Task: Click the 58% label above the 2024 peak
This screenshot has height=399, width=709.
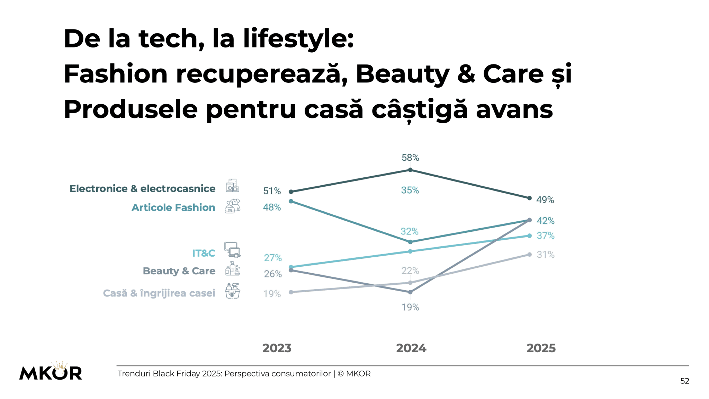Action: (x=410, y=158)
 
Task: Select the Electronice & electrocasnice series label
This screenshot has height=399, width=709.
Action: (x=142, y=188)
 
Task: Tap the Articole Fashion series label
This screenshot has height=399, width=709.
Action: (x=173, y=207)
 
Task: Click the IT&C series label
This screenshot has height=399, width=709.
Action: (x=204, y=253)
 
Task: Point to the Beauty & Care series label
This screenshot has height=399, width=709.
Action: (x=179, y=271)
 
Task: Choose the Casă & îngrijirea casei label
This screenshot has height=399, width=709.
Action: (x=159, y=293)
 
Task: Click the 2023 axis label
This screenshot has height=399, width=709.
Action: (x=277, y=348)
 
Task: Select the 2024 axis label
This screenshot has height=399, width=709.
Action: (x=411, y=348)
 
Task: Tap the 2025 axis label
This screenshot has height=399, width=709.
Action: (x=541, y=348)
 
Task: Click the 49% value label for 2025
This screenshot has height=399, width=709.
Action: (x=545, y=200)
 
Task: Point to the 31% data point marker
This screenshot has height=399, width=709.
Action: (x=529, y=255)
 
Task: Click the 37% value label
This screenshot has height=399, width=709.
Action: (x=545, y=236)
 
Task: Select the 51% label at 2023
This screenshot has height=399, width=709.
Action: (x=272, y=191)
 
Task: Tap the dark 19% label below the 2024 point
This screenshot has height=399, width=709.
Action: (x=410, y=307)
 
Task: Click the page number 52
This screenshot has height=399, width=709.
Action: (x=684, y=381)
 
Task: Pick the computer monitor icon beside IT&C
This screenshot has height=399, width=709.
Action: (x=232, y=250)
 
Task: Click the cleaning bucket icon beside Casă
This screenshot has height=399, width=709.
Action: (x=232, y=291)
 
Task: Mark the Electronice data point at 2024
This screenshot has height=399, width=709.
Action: (x=410, y=170)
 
